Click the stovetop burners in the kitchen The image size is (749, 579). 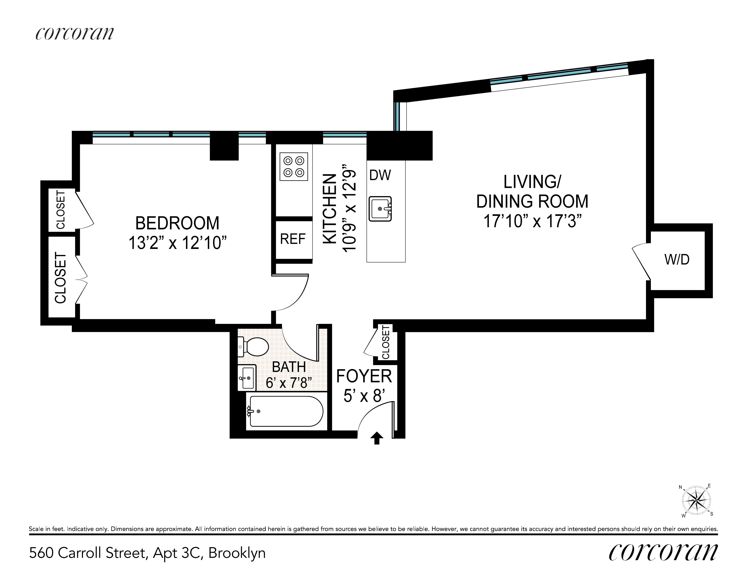click(293, 166)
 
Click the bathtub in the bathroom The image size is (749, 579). click(285, 411)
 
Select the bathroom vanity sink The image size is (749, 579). click(247, 378)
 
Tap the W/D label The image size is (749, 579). click(677, 260)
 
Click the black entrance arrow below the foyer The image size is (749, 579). click(377, 438)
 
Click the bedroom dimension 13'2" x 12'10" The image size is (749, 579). click(177, 243)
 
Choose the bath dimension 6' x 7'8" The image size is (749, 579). click(289, 383)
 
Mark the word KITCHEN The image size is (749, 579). click(330, 209)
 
